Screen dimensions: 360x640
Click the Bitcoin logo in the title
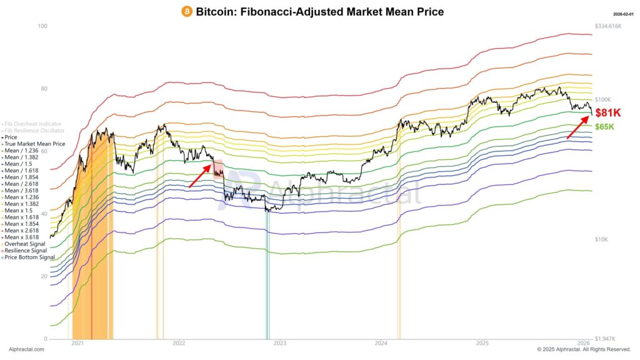pyautogui.click(x=187, y=12)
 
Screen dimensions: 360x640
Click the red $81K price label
pyautogui.click(x=607, y=112)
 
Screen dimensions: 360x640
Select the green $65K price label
pyautogui.click(x=604, y=127)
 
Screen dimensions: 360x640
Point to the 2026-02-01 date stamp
pyautogui.click(x=623, y=14)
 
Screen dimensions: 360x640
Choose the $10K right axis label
pyautogui.click(x=601, y=239)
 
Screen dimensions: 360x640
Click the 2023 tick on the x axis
pyautogui.click(x=280, y=343)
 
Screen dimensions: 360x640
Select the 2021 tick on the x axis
pyautogui.click(x=77, y=343)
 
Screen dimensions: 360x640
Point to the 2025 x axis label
pyautogui.click(x=482, y=343)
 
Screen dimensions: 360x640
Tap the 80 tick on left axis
pyautogui.click(x=43, y=89)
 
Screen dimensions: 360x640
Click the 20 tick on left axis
pyautogui.click(x=43, y=276)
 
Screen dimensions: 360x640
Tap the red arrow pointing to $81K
pyautogui.click(x=577, y=127)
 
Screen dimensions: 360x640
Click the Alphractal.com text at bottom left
pyautogui.click(x=26, y=349)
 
